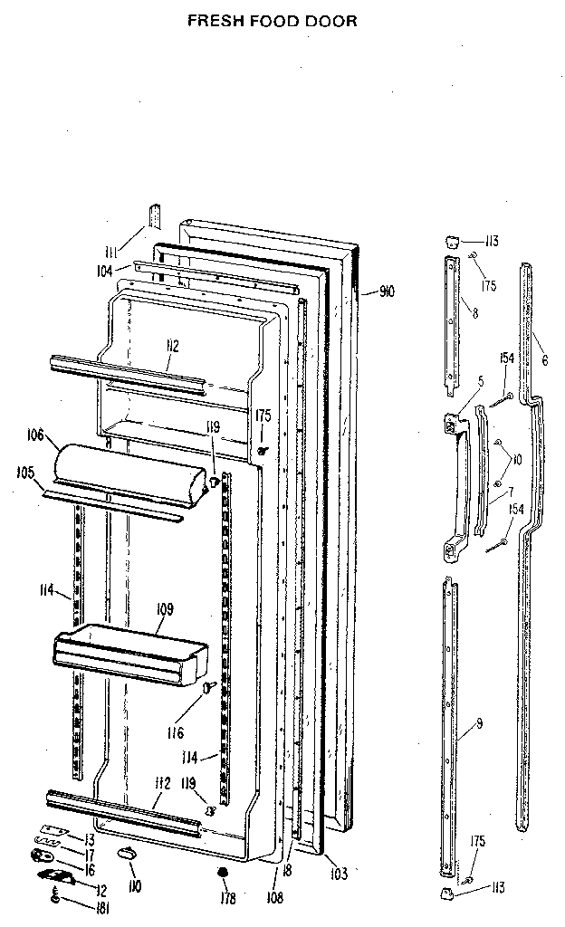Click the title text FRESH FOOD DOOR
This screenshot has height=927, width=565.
pos(272,19)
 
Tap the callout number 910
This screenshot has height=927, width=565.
pos(387,291)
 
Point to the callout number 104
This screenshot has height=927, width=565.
pos(104,270)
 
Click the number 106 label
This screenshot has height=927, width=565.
pos(36,435)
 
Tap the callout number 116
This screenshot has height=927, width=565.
pos(176,731)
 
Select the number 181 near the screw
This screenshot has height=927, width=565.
pos(102,908)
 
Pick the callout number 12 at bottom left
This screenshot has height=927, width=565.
pos(101,892)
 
